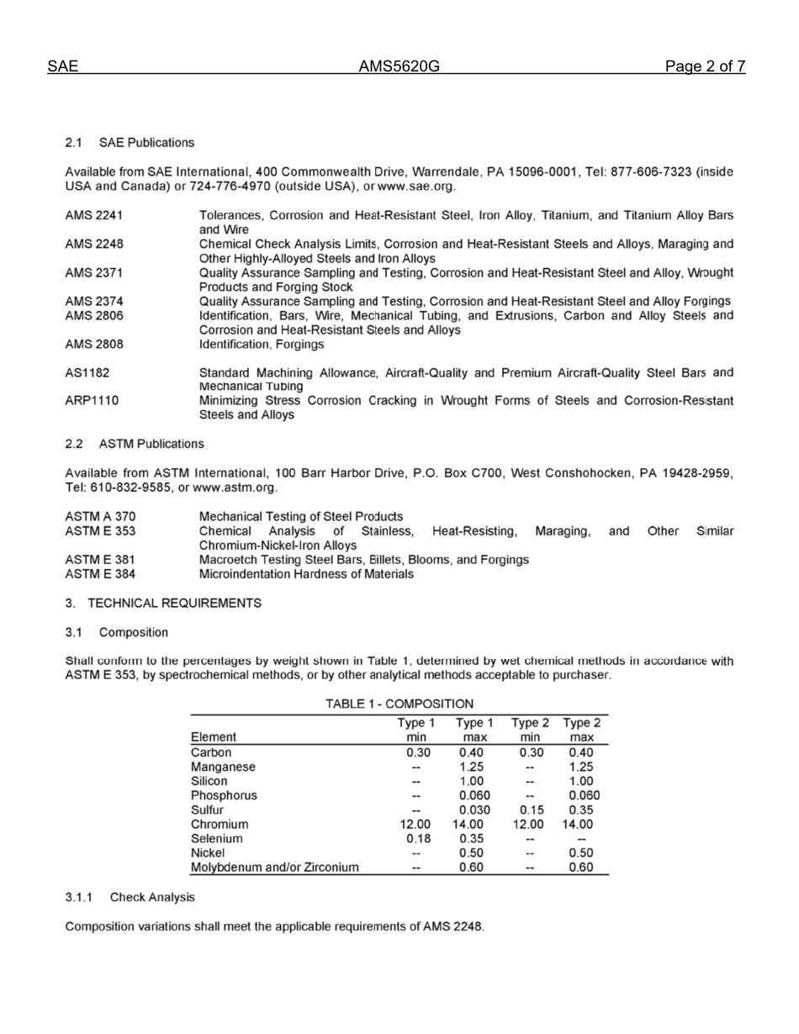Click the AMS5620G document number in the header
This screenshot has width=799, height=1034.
point(399,67)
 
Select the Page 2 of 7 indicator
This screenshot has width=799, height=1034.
point(705,67)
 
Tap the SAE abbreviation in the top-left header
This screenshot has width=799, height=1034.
point(63,67)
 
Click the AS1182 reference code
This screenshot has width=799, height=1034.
point(87,372)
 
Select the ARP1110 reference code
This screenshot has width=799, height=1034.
point(91,401)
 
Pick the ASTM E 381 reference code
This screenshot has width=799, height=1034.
point(100,559)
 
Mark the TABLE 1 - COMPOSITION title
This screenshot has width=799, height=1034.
point(400,703)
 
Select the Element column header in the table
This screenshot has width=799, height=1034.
point(214,737)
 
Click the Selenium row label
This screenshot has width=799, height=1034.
point(217,839)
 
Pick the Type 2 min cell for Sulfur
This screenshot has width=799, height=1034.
point(529,810)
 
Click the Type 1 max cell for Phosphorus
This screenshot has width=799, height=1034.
point(474,795)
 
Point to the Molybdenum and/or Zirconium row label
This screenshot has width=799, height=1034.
point(275,868)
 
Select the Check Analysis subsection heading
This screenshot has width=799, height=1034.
point(152,898)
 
